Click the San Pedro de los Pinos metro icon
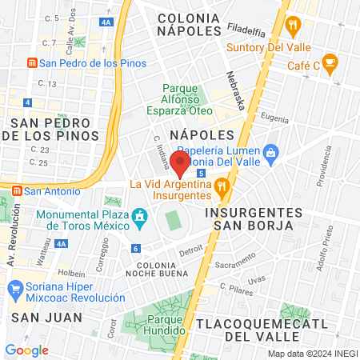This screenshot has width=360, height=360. (31, 63)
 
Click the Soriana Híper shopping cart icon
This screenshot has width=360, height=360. (14, 287)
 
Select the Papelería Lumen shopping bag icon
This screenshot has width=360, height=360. (271, 151)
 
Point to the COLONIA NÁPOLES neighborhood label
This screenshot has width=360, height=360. (189, 23)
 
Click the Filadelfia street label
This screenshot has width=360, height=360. (246, 28)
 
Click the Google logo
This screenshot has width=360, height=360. (27, 350)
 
